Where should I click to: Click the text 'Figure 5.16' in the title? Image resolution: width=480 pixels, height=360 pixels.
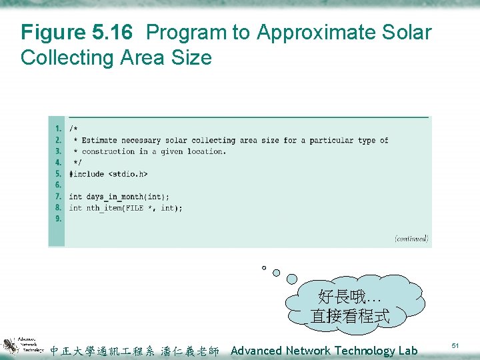[77, 32]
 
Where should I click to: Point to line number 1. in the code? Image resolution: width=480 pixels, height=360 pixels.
[59, 129]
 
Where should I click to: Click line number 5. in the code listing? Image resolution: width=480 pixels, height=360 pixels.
[59, 174]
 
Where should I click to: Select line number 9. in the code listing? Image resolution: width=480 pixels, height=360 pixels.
[59, 219]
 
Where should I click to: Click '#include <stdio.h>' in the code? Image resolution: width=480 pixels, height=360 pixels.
[108, 174]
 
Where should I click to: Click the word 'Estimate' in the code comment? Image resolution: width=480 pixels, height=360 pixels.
[99, 140]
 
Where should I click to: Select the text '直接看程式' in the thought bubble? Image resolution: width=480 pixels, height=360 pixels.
[349, 316]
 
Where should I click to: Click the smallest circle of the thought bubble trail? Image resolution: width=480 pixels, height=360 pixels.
[264, 268]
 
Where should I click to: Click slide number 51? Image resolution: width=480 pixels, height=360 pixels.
[455, 345]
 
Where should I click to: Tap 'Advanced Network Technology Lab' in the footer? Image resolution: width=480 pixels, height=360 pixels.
[324, 351]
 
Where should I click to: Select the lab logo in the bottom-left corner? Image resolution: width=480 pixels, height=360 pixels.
[23, 345]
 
